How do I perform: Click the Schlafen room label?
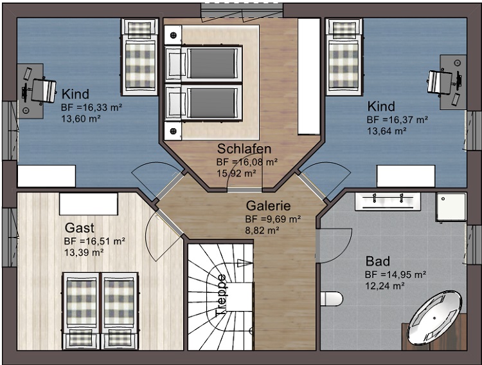pyautogui.click(x=244, y=149)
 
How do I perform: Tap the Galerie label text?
pyautogui.click(x=268, y=206)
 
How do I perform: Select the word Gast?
pyautogui.click(x=79, y=228)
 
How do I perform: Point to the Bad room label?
pyautogui.click(x=378, y=261)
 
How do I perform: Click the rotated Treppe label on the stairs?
pyautogui.click(x=221, y=295)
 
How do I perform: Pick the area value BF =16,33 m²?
pyautogui.click(x=92, y=108)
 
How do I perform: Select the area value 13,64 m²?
pyautogui.click(x=387, y=131)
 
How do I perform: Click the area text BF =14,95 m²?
pyautogui.click(x=395, y=274)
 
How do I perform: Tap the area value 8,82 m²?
pyautogui.click(x=262, y=230)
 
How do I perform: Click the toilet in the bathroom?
pyautogui.click(x=332, y=299)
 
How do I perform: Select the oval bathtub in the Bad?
pyautogui.click(x=434, y=317)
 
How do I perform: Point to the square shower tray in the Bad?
pyautogui.click(x=451, y=207)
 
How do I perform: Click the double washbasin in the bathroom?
pyautogui.click(x=388, y=201)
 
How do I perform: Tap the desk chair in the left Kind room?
pyautogui.click(x=43, y=91)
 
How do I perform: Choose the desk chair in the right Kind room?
pyautogui.click(x=440, y=81)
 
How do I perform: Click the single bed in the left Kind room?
pyautogui.click(x=140, y=57)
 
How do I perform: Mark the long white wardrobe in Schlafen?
pyautogui.click(x=309, y=77)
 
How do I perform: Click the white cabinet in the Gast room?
pyautogui.click(x=89, y=204)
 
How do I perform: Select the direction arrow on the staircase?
pyautogui.click(x=245, y=263)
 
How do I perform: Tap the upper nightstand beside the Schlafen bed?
pyautogui.click(x=173, y=35)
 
